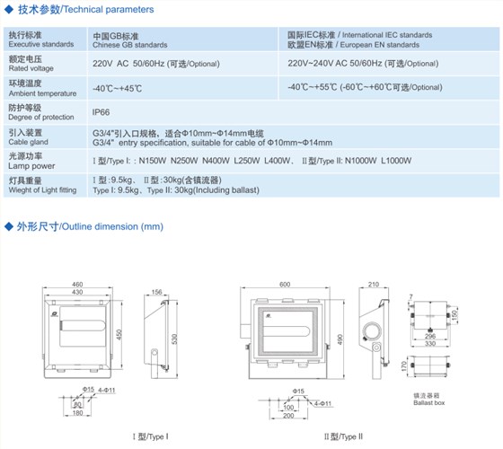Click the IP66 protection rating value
(101, 113)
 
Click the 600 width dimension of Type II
(285, 283)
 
